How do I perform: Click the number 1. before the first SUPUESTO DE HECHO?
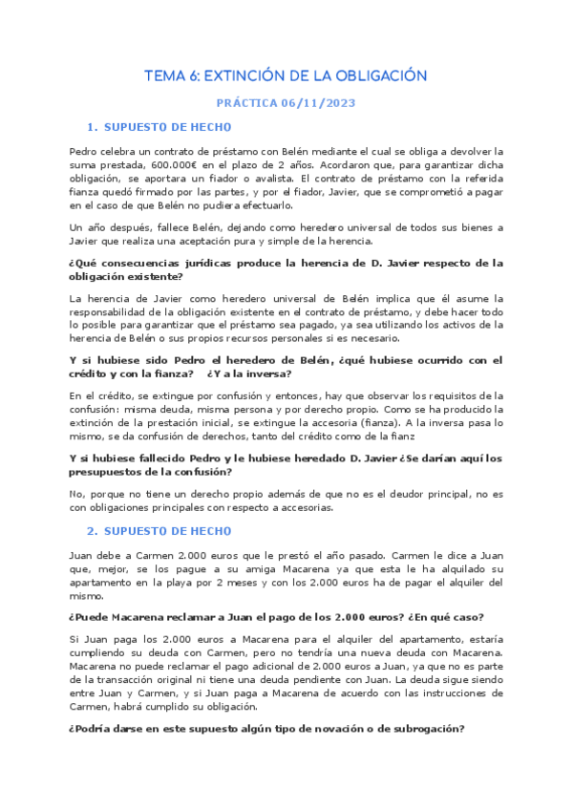[92, 127]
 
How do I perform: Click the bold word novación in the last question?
[297, 729]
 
